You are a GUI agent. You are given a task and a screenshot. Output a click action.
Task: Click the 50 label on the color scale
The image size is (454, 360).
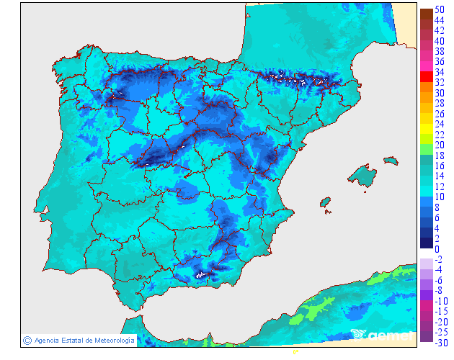pos(440,9)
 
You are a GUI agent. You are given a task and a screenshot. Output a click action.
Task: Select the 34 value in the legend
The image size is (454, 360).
pos(440,72)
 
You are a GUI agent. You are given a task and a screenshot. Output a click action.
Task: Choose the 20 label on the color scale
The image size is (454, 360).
pos(440,145)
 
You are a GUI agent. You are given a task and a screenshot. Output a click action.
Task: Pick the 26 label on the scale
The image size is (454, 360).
pos(440,114)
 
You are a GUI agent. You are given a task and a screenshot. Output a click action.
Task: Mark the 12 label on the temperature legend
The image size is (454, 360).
pos(440,186)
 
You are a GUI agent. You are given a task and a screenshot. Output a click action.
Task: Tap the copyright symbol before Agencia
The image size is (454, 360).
pos(27,340)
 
